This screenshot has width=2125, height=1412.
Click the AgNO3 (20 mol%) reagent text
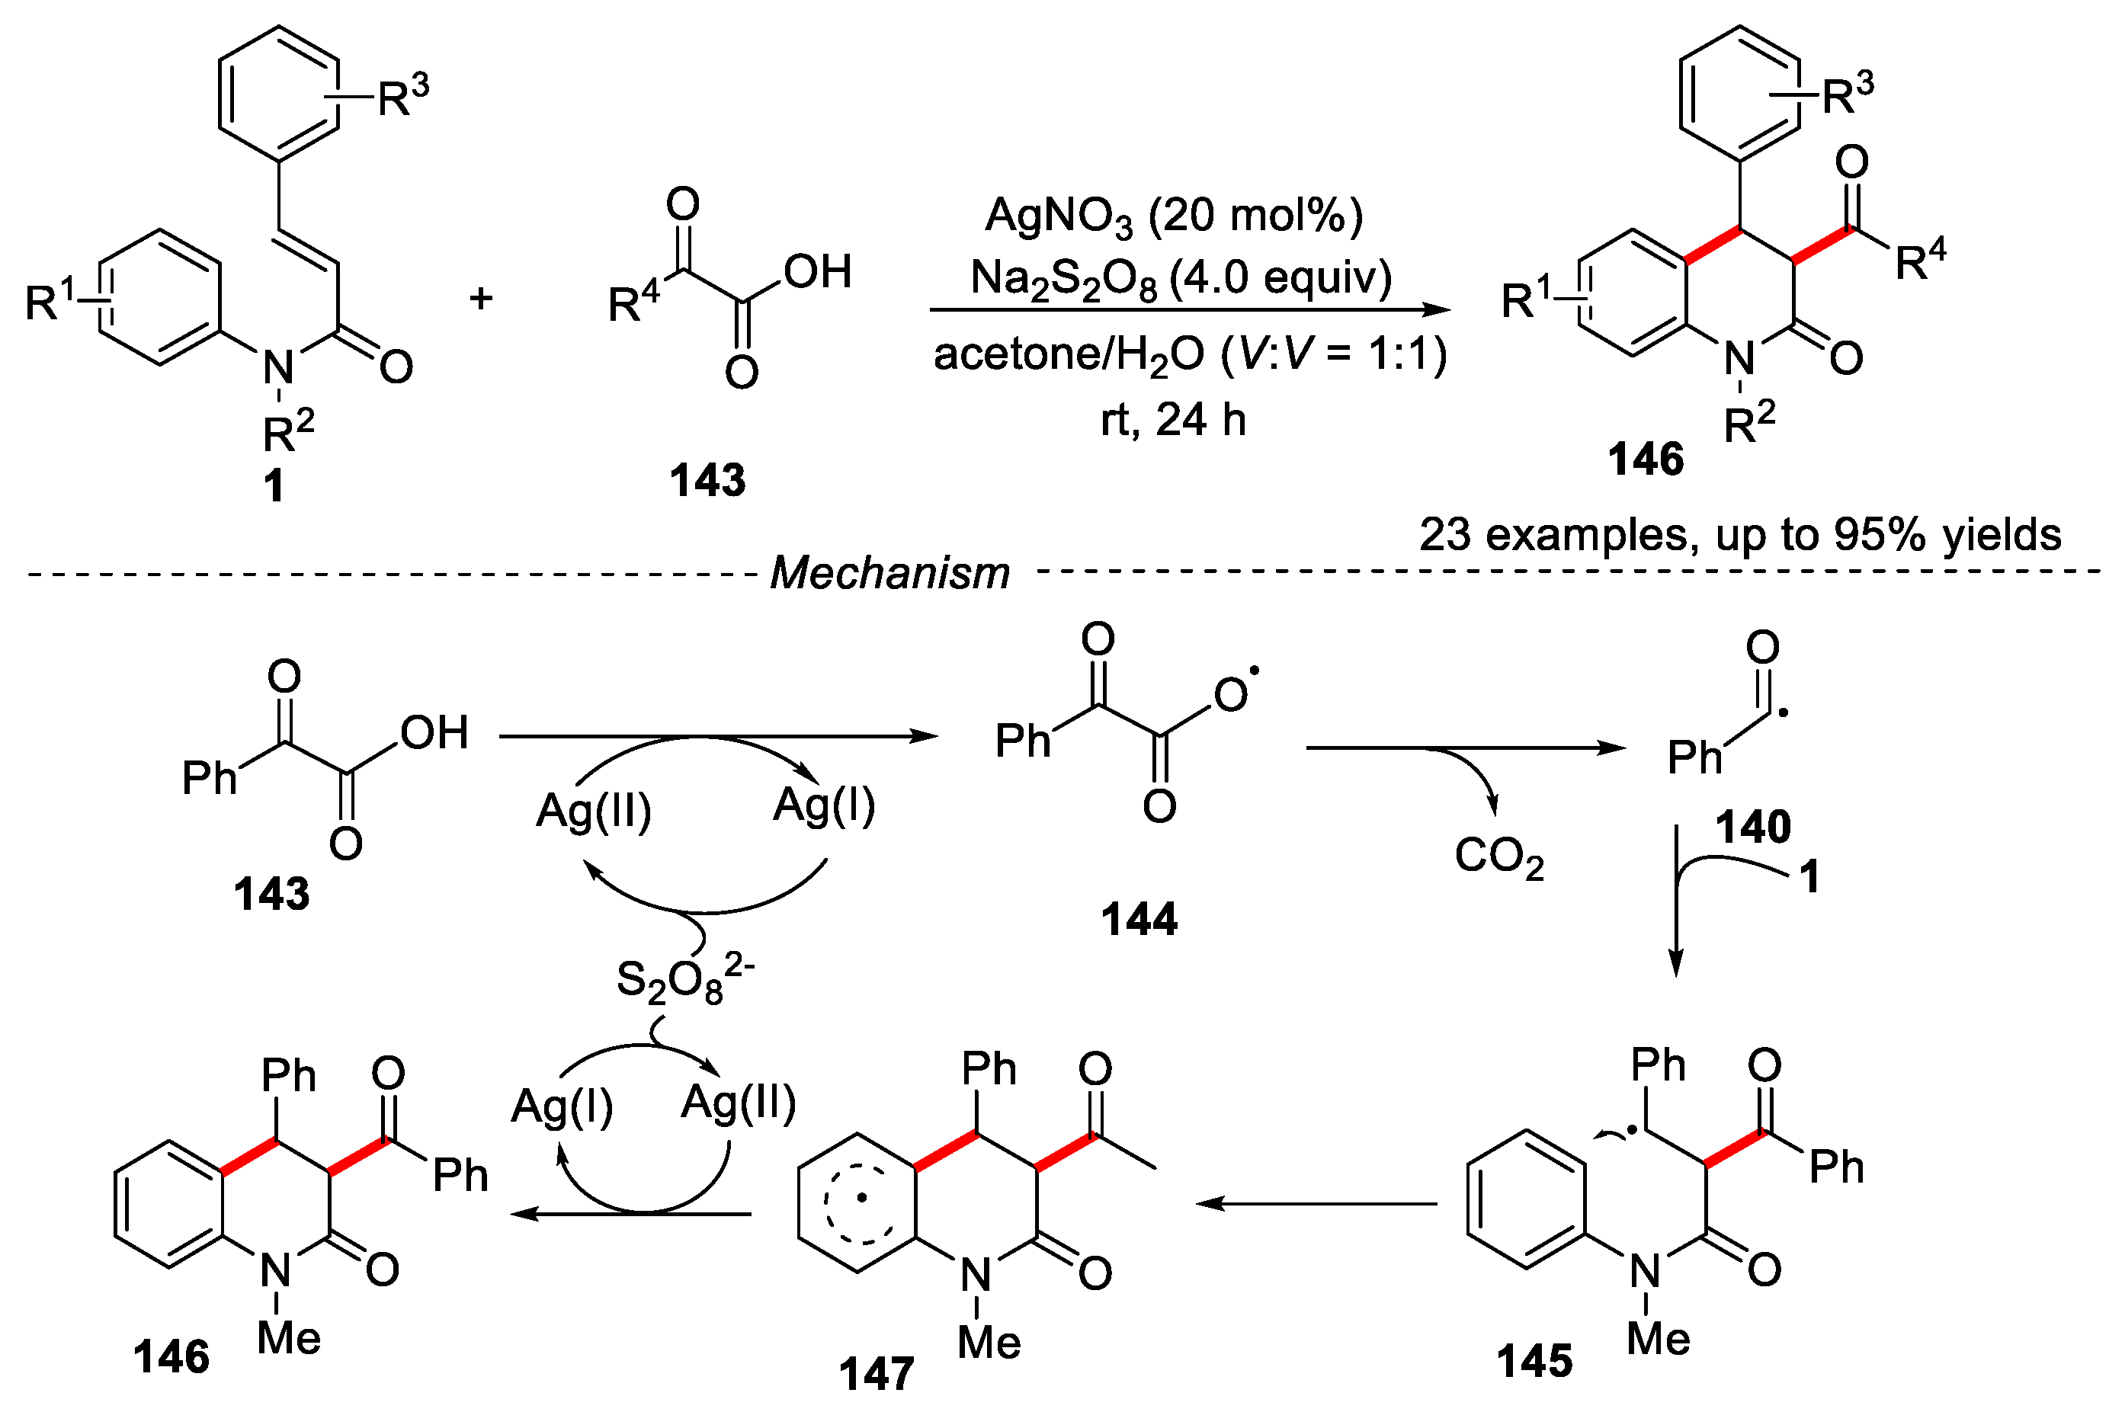click(x=1173, y=216)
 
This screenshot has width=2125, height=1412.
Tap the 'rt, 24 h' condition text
click(x=1173, y=420)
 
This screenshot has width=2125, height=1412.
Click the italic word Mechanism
click(x=890, y=573)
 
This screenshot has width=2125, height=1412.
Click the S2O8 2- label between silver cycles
click(x=684, y=979)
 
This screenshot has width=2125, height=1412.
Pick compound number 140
click(x=1752, y=827)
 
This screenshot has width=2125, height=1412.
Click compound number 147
click(x=877, y=1374)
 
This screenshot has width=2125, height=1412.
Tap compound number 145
click(x=1534, y=1361)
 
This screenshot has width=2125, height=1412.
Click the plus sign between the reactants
click(x=481, y=298)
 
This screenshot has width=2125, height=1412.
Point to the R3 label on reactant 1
click(x=402, y=95)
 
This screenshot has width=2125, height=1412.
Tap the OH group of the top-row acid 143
click(x=817, y=272)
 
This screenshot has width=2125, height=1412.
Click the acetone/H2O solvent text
click(x=1189, y=354)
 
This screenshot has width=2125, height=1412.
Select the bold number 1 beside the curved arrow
click(x=1809, y=877)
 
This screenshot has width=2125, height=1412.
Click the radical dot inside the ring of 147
click(x=862, y=1198)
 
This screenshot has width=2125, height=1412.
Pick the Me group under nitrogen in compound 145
click(x=1659, y=1339)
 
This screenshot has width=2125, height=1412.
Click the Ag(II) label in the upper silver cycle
click(x=593, y=811)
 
